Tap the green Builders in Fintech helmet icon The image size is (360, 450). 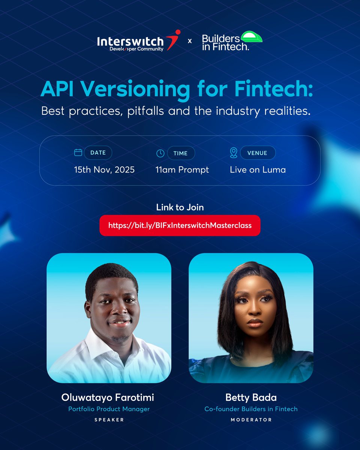point(252,37)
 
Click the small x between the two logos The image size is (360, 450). point(189,41)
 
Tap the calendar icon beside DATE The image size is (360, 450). point(78,152)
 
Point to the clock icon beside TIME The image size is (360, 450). point(160,153)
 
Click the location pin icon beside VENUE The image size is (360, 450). point(233,153)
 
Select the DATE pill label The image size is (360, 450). point(98,153)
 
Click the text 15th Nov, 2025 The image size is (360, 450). point(104,170)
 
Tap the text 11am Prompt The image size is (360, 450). point(182,170)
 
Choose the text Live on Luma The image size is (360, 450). point(258,170)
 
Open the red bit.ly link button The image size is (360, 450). point(180,225)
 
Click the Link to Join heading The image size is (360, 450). point(180,207)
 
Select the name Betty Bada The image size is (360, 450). point(251,398)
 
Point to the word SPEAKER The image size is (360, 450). point(109,420)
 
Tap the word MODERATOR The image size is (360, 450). point(251,420)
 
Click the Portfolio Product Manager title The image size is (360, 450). point(109,409)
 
